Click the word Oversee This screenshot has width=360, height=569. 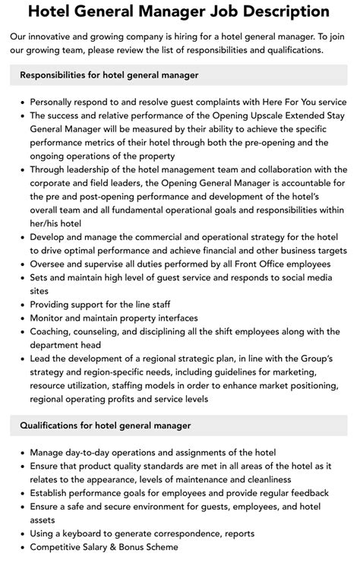click(x=50, y=264)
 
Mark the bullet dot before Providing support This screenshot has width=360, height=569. click(x=23, y=305)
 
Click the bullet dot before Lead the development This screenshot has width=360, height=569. click(x=23, y=359)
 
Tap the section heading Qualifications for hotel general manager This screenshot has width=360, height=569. click(x=106, y=425)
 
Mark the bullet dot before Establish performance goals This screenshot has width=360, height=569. click(x=23, y=492)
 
